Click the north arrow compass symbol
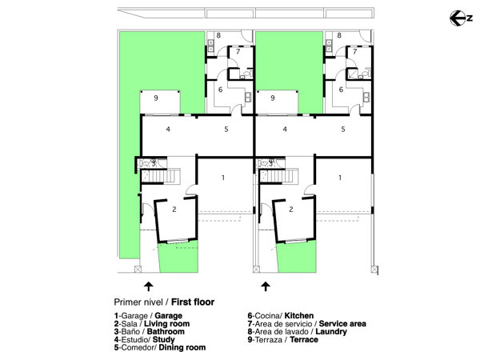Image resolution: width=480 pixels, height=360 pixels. point(461,18)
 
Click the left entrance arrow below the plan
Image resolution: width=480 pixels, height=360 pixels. point(149,286)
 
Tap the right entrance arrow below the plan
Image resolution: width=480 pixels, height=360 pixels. point(266,286)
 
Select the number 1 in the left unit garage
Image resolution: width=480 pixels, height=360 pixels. point(223,178)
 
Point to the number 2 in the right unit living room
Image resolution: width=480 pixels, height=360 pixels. point(291,209)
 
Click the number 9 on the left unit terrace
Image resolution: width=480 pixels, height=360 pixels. point(156,98)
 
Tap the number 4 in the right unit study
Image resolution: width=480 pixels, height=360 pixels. point(285,129)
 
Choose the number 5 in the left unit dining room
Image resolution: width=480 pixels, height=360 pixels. point(226,129)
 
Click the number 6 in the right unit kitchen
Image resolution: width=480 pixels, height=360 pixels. point(341,90)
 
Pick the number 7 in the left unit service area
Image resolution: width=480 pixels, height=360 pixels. point(238,51)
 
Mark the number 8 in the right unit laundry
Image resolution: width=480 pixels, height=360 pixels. point(339,35)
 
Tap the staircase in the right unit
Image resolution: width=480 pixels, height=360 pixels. point(278,177)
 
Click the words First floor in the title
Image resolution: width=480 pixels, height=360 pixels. point(193,302)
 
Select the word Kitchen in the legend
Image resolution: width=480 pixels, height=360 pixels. point(299,316)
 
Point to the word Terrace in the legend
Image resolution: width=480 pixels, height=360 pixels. point(304,339)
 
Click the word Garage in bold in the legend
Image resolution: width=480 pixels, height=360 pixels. point(168,316)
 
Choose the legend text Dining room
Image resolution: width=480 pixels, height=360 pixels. point(182,348)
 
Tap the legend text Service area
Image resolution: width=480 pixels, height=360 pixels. point(342,323)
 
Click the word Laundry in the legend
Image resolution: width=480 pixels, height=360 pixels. point(331,332)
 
